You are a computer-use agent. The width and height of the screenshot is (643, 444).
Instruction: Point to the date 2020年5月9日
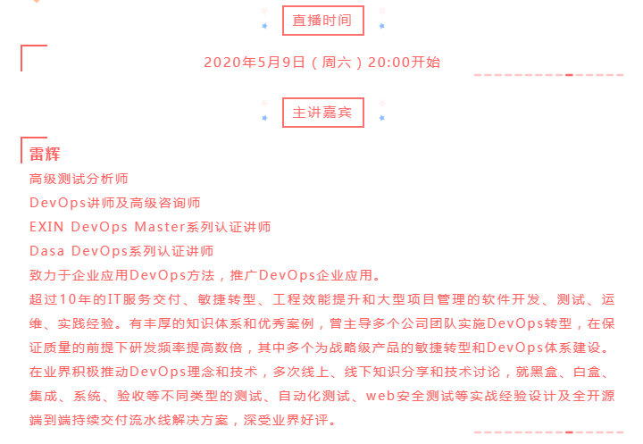click(x=255, y=63)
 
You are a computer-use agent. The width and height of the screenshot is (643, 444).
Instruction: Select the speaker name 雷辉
click(x=45, y=155)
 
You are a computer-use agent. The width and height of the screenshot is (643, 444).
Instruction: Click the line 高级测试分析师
click(x=79, y=179)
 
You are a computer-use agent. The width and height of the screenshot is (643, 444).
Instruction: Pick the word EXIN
click(x=46, y=227)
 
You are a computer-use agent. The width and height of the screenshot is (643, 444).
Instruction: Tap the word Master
click(x=160, y=227)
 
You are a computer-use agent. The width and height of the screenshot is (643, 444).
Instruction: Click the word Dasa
click(x=46, y=251)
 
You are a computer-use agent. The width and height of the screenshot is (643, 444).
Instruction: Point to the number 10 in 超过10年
click(x=68, y=299)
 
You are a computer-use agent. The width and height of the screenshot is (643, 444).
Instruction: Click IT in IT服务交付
click(x=114, y=299)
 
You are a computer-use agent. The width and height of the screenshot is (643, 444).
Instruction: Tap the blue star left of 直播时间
click(x=264, y=26)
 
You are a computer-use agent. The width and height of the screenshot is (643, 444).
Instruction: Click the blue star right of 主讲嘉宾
click(x=382, y=118)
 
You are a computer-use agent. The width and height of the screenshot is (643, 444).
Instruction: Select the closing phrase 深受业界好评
click(x=286, y=420)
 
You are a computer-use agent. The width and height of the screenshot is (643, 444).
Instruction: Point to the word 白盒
click(x=588, y=372)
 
